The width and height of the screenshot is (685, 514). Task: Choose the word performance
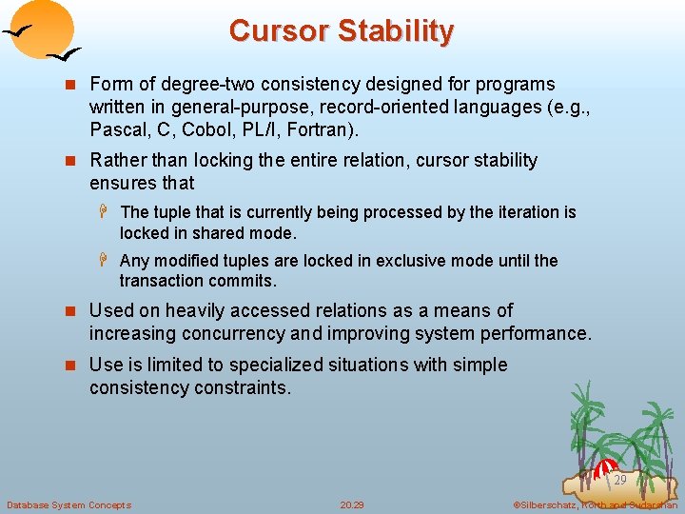tap(537, 333)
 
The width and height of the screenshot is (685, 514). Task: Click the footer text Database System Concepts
tap(68, 504)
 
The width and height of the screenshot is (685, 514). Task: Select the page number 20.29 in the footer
tap(352, 504)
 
